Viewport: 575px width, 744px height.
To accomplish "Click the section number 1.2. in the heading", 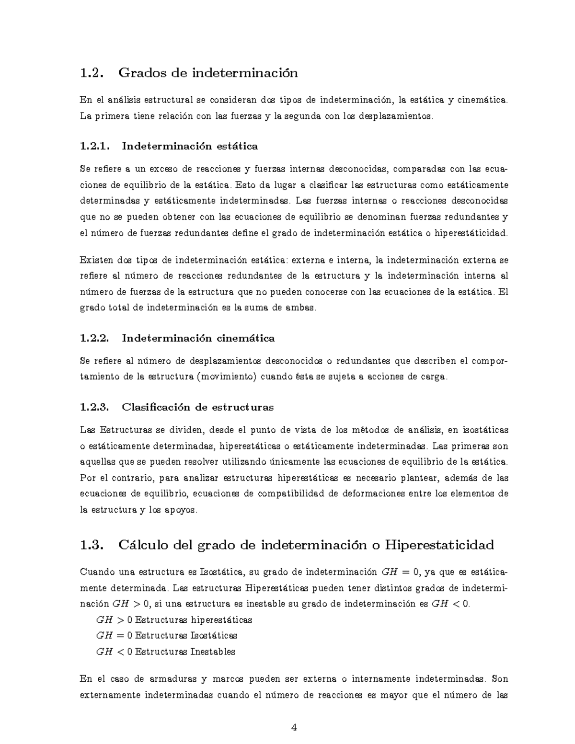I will (x=92, y=73).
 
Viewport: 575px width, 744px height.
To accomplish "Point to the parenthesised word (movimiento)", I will (x=229, y=377).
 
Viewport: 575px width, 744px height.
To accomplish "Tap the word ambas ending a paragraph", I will (x=301, y=308).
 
